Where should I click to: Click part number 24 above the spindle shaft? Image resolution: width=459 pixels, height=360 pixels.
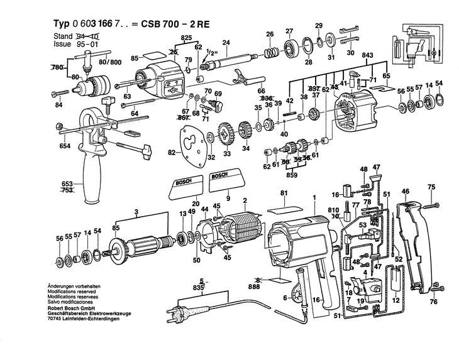[226, 42]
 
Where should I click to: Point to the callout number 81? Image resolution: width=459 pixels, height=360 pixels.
[284, 193]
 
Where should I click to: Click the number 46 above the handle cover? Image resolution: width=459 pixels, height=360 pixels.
[406, 191]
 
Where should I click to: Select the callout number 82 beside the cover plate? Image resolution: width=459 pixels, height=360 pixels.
[171, 152]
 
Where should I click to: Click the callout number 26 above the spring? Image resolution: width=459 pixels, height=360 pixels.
[269, 33]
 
